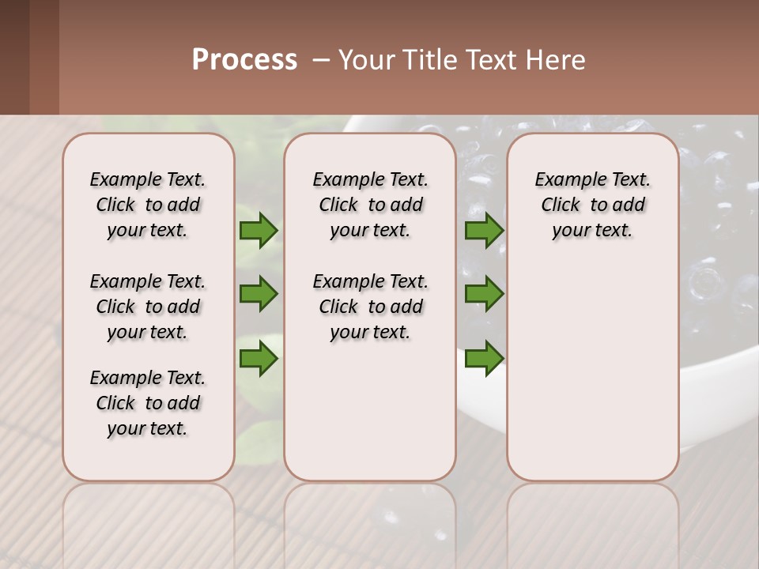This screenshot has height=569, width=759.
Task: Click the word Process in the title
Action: pos(244,59)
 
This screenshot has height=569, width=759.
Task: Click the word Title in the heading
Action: pos(429,59)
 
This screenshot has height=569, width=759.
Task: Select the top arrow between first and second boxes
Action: pos(259,231)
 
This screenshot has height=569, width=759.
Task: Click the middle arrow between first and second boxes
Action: pos(259,294)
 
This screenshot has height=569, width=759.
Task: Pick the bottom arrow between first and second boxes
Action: pos(259,360)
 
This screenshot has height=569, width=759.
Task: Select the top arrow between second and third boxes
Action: pos(484,231)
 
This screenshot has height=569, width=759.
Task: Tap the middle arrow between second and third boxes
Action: pos(484,294)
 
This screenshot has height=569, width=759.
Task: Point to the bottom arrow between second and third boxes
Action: pos(484,360)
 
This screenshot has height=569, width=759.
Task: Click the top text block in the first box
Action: pos(148,205)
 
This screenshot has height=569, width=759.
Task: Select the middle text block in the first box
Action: pos(148,307)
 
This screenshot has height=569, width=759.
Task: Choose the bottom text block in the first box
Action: pos(148,403)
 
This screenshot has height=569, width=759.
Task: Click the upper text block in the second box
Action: pos(370,205)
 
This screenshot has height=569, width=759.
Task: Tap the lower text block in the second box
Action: pos(370,307)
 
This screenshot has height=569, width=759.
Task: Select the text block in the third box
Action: pos(593,205)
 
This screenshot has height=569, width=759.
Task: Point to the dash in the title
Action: pos(321,59)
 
